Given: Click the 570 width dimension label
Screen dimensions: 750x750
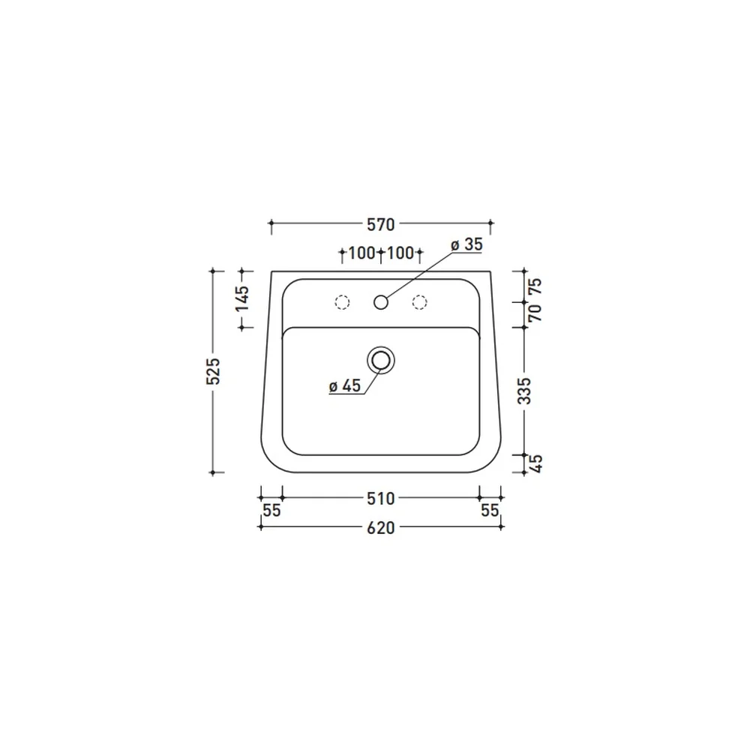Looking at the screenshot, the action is tap(381, 224).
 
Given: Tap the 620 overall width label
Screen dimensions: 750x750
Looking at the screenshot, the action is tap(381, 528).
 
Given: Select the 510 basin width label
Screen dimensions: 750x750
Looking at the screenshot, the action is tap(381, 499).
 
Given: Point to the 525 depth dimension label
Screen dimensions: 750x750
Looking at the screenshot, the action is tap(213, 370).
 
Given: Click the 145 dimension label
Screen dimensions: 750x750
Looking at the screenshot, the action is tap(242, 298).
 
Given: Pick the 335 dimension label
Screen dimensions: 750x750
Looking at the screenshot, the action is tap(525, 391).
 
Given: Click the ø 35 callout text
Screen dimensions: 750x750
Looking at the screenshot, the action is tap(467, 244).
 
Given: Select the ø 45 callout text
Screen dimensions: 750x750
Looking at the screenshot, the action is tap(345, 386).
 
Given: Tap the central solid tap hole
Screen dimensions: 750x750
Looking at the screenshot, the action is tap(381, 302).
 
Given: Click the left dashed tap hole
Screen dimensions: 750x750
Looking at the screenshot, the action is tap(342, 302).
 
